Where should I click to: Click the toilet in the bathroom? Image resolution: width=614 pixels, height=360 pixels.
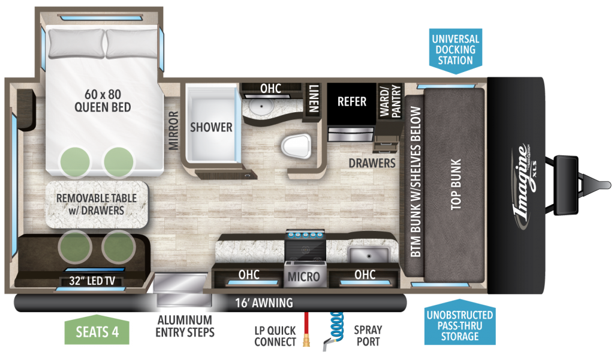pyautogui.click(x=296, y=145)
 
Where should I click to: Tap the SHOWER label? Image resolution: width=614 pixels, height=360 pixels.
pyautogui.click(x=211, y=127)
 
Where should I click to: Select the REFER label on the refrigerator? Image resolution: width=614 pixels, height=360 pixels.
pyautogui.click(x=351, y=101)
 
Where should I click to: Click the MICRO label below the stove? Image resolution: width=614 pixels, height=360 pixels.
pyautogui.click(x=305, y=277)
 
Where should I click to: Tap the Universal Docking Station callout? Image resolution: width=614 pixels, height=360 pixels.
pyautogui.click(x=455, y=50)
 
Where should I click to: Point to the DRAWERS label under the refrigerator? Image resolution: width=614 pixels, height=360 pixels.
pyautogui.click(x=373, y=163)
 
